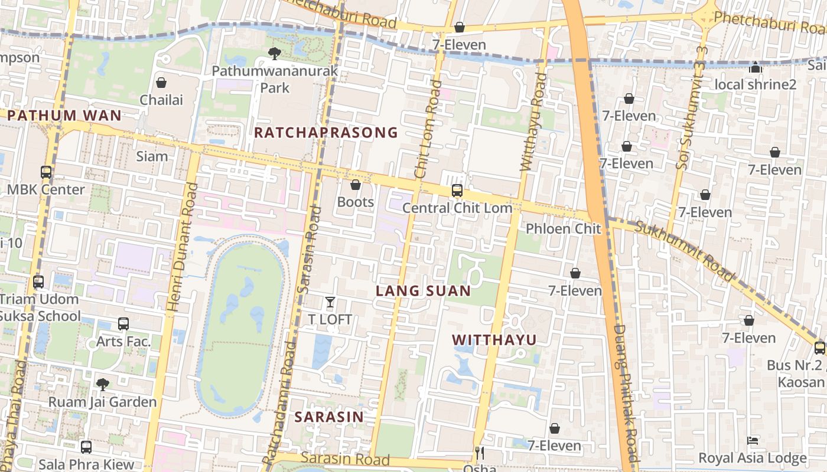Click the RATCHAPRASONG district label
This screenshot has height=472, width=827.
(x=326, y=133)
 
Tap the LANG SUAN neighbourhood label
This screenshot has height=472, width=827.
(x=423, y=291)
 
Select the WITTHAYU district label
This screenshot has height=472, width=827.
(x=494, y=340)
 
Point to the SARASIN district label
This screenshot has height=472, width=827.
(x=329, y=417)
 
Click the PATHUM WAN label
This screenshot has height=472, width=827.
(x=65, y=116)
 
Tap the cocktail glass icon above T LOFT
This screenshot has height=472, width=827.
(x=330, y=303)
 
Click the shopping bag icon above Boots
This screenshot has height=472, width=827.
(x=356, y=185)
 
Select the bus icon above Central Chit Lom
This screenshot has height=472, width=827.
(x=457, y=191)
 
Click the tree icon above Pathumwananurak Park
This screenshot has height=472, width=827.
(x=275, y=54)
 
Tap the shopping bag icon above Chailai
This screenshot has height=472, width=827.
(x=161, y=83)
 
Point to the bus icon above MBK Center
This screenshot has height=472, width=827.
(x=46, y=172)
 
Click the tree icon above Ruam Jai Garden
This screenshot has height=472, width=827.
(x=103, y=385)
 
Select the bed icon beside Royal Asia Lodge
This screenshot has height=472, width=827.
(x=752, y=441)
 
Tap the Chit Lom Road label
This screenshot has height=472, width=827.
(x=428, y=129)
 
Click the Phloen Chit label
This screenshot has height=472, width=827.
(x=563, y=229)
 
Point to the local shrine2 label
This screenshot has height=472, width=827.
(x=756, y=84)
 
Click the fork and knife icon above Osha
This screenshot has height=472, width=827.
(x=480, y=453)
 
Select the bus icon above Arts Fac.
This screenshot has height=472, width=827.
(x=123, y=324)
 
